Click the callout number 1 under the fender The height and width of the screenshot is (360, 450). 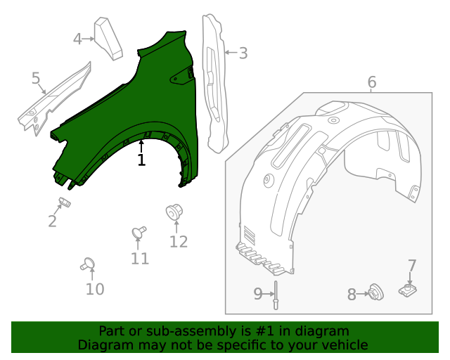(141, 160)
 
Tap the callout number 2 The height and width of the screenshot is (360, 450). (53, 221)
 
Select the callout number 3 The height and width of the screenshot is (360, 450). (243, 53)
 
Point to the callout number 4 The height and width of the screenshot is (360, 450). (77, 39)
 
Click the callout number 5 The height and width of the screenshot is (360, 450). (36, 78)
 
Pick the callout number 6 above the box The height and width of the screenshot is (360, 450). (372, 82)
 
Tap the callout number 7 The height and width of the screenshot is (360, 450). (412, 266)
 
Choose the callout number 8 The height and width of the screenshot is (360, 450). (352, 295)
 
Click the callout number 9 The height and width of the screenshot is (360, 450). (258, 294)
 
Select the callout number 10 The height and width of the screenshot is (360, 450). (95, 289)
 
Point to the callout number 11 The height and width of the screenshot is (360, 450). (140, 258)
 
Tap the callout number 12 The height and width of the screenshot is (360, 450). (179, 241)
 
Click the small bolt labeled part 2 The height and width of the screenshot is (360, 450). (65, 204)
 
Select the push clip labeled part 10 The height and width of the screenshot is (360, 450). (89, 264)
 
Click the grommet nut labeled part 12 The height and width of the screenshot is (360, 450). (174, 212)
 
